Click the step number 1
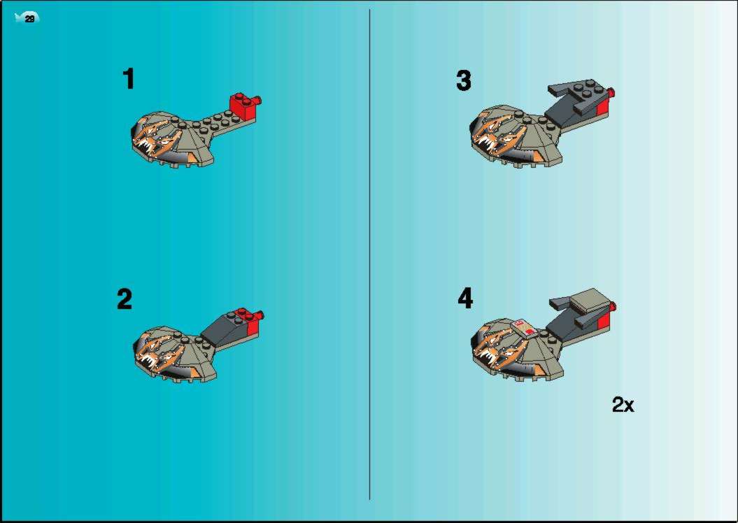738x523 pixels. [129, 78]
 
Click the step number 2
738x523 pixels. [125, 299]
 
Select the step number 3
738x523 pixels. [464, 80]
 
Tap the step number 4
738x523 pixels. [465, 298]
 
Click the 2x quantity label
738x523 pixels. [623, 404]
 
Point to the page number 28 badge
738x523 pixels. [27, 18]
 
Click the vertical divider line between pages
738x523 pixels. [370, 254]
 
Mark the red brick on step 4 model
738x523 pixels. [604, 319]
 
